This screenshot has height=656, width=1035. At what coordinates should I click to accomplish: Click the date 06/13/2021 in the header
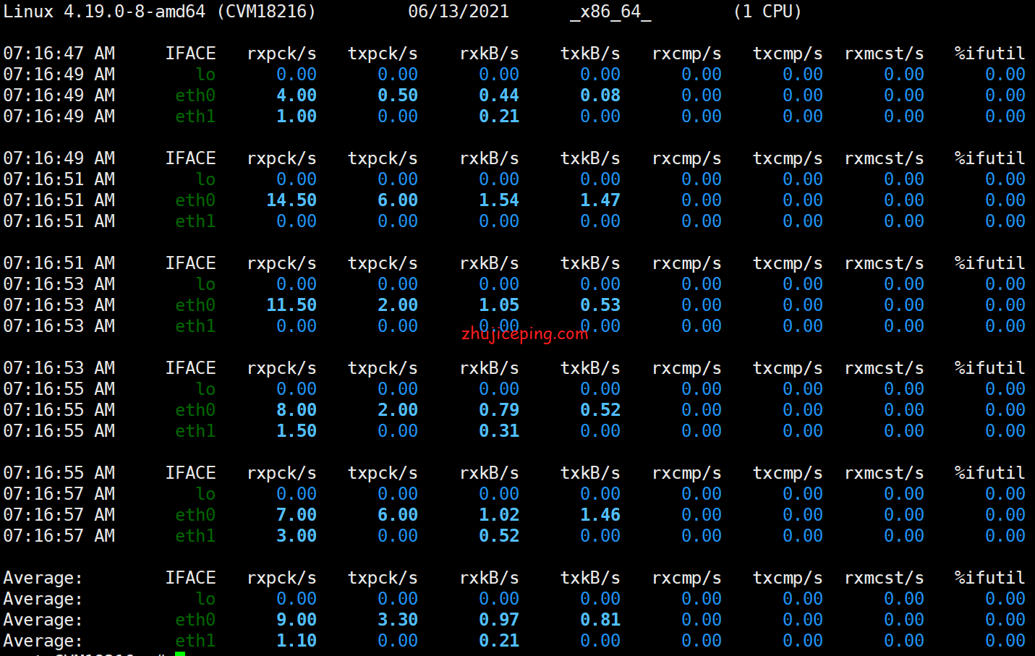pos(459,12)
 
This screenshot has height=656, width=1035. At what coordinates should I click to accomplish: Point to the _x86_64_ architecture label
pos(610,12)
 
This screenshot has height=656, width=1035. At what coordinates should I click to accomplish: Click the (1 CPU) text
pos(767,12)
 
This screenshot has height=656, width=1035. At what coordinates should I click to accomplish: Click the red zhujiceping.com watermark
pos(524,333)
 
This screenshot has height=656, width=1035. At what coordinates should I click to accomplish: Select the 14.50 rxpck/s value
pos(291,200)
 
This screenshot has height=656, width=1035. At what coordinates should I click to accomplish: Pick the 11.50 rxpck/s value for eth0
pos(291,305)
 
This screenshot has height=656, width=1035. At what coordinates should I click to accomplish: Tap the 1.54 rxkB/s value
pos(499,200)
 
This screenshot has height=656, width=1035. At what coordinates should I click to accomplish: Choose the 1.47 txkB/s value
pos(600,200)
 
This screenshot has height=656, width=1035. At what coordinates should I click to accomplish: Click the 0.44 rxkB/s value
pos(499,95)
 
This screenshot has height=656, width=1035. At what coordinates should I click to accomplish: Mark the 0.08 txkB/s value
pos(600,95)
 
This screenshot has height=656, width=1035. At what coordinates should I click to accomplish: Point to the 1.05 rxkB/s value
pos(499,305)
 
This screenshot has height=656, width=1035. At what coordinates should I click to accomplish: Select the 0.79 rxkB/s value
pos(499,410)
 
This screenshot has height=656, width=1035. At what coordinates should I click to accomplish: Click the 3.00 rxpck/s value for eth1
pos(297,536)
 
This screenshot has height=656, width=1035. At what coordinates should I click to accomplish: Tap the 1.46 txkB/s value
pos(600,515)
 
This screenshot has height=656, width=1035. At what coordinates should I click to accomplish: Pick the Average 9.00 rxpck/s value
pos(297,620)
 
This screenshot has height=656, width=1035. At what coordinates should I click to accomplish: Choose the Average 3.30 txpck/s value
pos(398,620)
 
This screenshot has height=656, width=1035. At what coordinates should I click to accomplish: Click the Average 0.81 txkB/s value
pos(600,620)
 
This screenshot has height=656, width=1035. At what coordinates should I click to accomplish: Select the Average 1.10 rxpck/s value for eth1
pos(297,641)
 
